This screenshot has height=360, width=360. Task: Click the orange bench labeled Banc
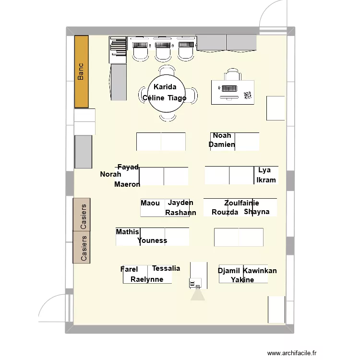[x=81, y=72]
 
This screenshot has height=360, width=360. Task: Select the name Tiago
[x=177, y=98]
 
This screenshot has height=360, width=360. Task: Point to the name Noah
[x=222, y=136]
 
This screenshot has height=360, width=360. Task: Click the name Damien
[x=222, y=144]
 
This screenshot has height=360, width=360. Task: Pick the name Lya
[x=264, y=170]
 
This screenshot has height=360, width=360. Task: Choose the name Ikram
[x=266, y=180]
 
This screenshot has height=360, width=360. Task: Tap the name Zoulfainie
[x=241, y=203]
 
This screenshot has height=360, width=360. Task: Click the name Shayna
[x=257, y=212]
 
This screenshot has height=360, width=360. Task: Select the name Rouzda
[x=225, y=212]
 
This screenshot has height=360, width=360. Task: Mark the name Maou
[x=150, y=203]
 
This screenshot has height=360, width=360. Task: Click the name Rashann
[x=180, y=213]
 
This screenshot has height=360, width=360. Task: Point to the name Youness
[x=152, y=241]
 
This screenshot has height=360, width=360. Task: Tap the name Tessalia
[x=166, y=268]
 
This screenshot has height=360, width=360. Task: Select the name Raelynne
[x=147, y=279]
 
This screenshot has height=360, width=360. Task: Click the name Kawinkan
[x=260, y=271]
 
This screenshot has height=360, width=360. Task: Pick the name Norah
[x=110, y=174]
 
